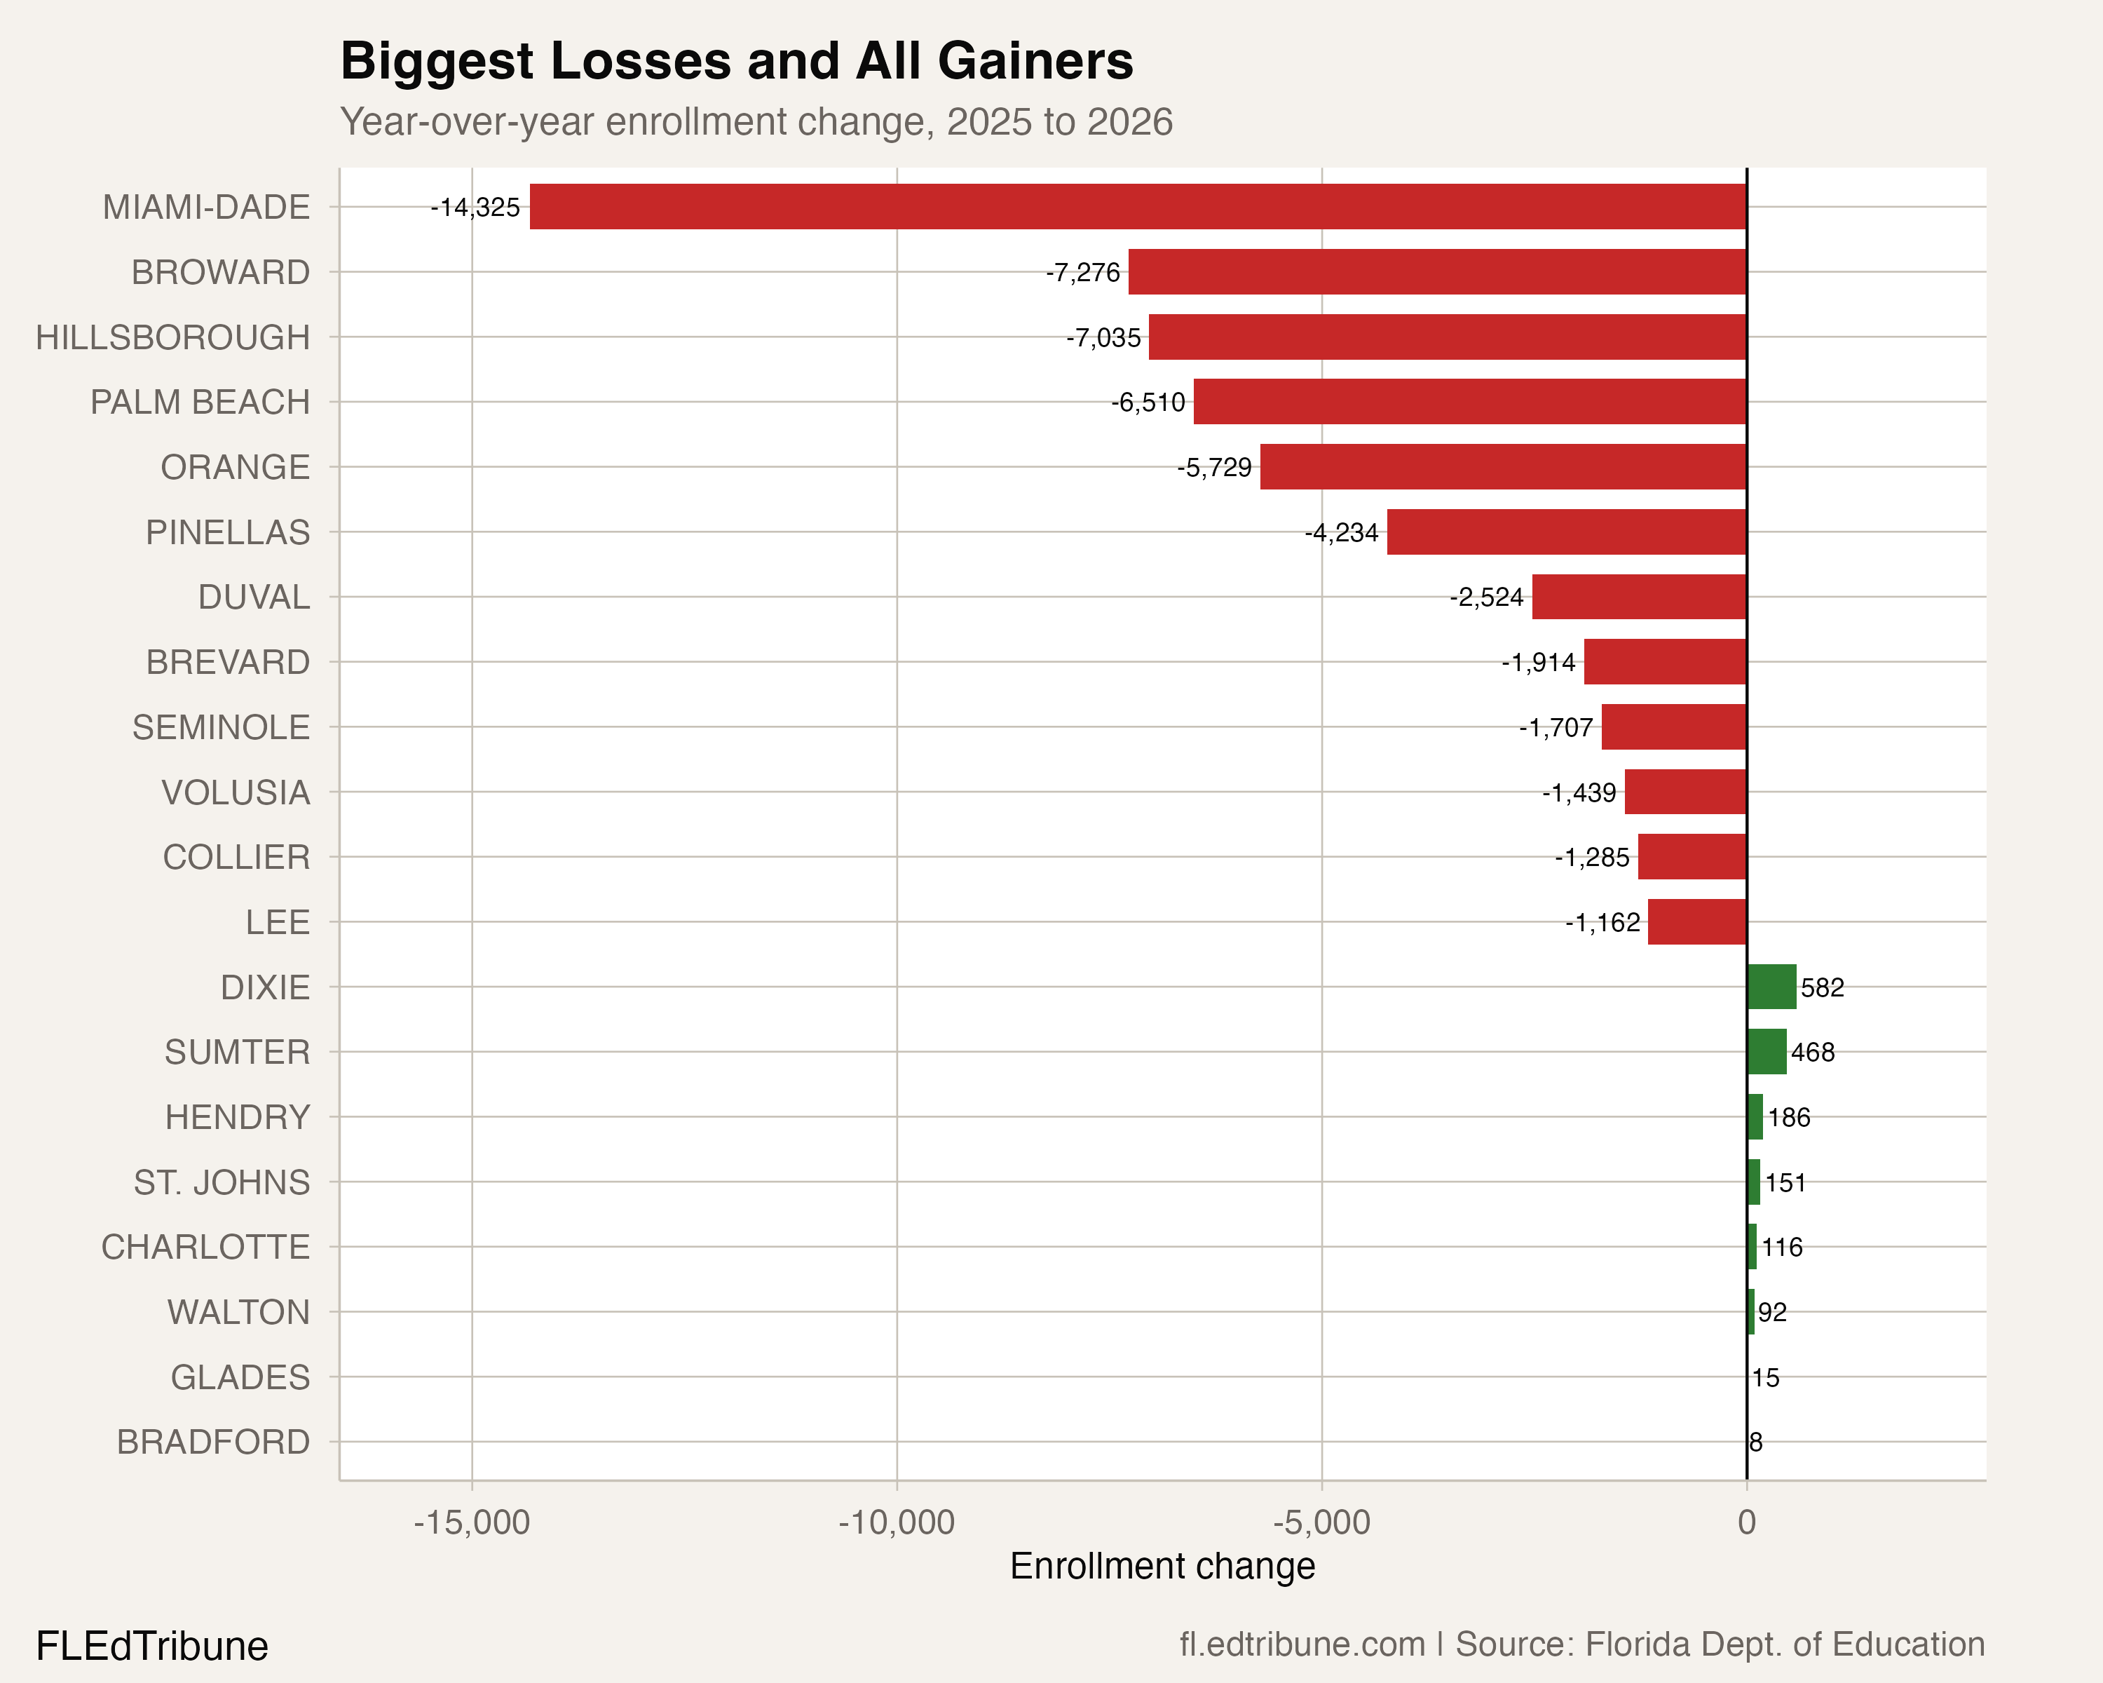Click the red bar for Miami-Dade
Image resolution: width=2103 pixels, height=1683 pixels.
point(1137,207)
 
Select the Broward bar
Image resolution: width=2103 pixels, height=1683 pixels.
point(1437,271)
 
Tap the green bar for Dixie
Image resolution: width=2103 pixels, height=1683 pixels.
point(1771,987)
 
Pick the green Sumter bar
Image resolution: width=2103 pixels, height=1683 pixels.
point(1767,1052)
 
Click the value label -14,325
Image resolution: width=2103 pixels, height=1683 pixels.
point(476,208)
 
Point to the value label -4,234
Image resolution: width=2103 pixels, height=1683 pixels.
point(1342,533)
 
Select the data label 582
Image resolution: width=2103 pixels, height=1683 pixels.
point(1822,987)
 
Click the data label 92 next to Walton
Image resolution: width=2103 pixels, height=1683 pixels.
point(1772,1312)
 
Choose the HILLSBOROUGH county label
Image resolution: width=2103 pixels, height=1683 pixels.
point(172,337)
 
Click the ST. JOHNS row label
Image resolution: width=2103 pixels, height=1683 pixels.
point(222,1182)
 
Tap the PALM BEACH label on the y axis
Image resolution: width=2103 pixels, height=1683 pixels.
point(200,402)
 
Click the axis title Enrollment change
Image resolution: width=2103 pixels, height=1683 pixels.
point(1162,1566)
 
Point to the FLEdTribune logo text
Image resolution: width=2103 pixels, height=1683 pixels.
point(152,1646)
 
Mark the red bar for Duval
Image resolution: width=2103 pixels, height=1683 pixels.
point(1639,597)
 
